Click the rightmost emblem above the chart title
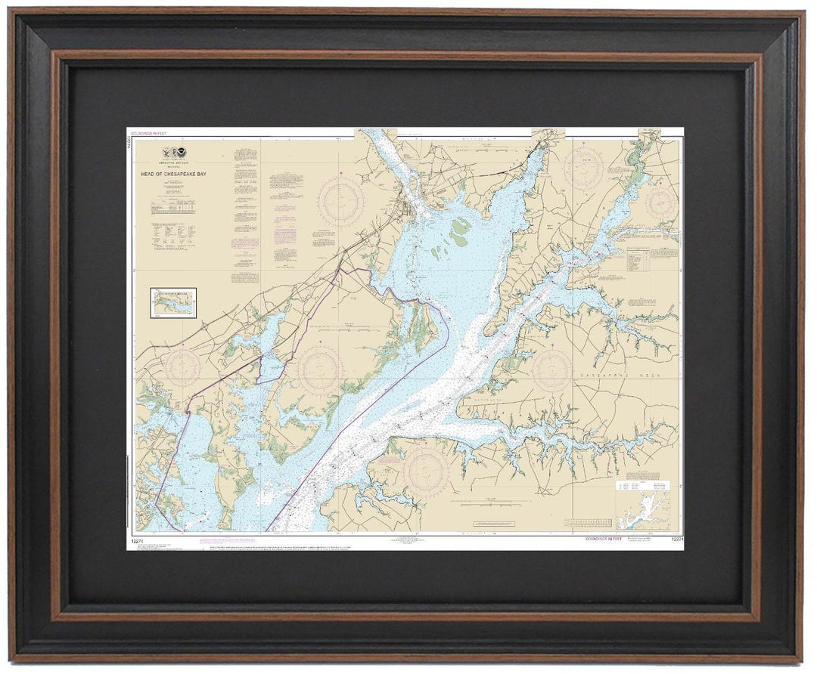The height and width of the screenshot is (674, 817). click(x=181, y=153)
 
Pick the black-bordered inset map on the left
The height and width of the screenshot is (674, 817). click(x=173, y=302)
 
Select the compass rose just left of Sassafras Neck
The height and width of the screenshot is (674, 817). click(x=551, y=369)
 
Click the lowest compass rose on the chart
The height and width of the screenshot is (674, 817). click(x=426, y=469)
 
